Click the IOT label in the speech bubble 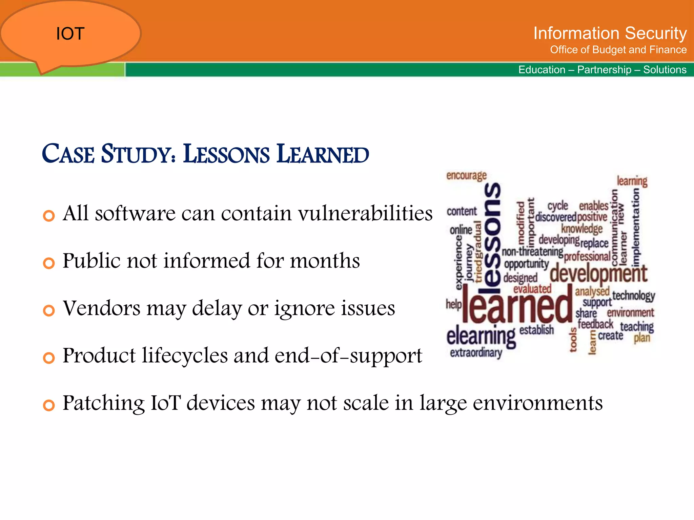[x=70, y=34]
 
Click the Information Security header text [x=610, y=33]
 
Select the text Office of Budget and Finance [x=618, y=50]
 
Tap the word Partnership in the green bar [x=604, y=70]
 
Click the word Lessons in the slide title [x=226, y=154]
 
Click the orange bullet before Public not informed [x=49, y=263]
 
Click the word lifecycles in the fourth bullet [x=185, y=355]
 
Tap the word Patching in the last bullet [x=103, y=403]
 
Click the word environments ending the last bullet [x=537, y=403]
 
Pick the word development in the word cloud [x=598, y=274]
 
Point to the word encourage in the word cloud [x=466, y=176]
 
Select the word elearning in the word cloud [x=481, y=335]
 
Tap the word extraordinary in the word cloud [x=476, y=353]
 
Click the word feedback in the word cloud [x=595, y=324]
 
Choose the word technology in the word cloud [x=633, y=296]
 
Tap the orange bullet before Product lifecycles [x=49, y=358]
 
